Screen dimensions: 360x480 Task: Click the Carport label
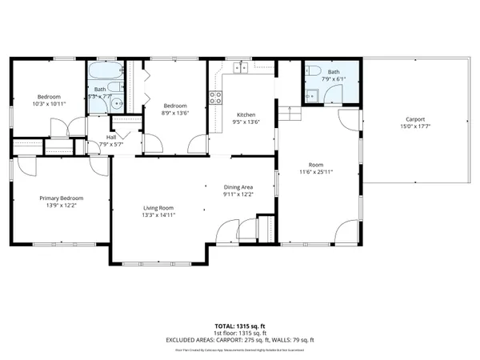(414, 118)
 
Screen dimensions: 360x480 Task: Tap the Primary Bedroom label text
(62, 198)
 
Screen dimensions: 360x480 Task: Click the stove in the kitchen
(215, 98)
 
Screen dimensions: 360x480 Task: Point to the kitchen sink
(239, 70)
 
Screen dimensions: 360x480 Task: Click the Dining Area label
(238, 186)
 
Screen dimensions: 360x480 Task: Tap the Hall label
(111, 137)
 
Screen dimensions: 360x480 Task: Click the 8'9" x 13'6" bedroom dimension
(174, 114)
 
